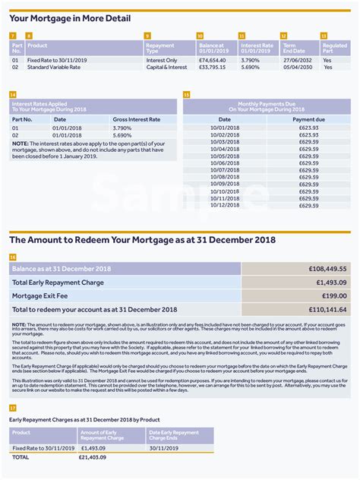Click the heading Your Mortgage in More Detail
pos(70,18)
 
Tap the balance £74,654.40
pos(212,59)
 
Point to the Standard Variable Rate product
pos(54,67)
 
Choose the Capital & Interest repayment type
pos(166,67)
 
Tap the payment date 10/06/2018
pos(225,163)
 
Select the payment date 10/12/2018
pos(225,205)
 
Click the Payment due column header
pos(308,119)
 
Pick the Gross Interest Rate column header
pos(136,119)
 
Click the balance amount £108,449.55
pos(328,268)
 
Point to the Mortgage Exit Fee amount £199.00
pos(333,295)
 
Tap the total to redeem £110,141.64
pos(328,309)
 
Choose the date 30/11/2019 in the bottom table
pos(163,448)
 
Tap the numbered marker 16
pos(13,257)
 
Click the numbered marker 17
pos(13,408)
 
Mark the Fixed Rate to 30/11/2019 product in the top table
pos(58,59)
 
